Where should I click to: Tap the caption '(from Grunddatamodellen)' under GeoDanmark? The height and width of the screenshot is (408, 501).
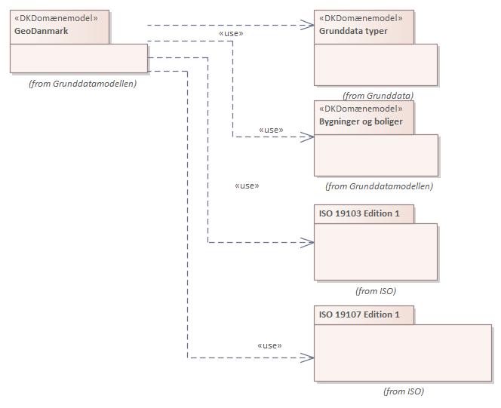pos(82,84)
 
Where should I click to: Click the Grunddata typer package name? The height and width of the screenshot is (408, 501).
pos(353,32)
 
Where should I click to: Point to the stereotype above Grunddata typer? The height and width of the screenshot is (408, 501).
pos(361,18)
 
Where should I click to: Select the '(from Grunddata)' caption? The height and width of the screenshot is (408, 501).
pos(377,96)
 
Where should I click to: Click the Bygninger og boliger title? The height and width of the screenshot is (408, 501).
pos(361,121)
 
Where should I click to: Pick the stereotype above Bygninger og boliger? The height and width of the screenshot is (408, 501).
pos(361,109)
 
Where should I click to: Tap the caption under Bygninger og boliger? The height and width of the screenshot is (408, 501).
pos(379,186)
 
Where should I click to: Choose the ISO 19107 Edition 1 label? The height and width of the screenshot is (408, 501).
pos(359,314)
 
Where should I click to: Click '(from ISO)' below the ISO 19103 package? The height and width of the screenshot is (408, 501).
pos(375,290)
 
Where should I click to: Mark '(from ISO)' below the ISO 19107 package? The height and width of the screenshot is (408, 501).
pos(403,391)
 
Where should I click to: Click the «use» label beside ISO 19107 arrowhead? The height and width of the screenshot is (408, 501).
pos(269,345)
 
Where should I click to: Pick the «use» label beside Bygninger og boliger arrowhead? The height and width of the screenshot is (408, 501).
pos(271,130)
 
